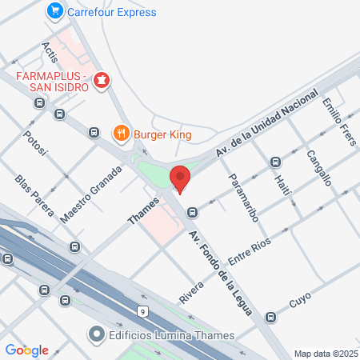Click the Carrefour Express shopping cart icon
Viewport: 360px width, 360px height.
(x=54, y=11)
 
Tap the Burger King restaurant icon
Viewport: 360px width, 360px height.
(x=121, y=134)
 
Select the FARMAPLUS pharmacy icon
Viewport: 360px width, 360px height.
(x=102, y=80)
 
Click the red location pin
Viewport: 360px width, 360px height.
(x=181, y=178)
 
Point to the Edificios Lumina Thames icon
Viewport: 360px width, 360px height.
(x=97, y=334)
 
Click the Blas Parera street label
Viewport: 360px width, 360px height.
(x=34, y=194)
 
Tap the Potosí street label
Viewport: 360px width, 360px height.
(x=37, y=146)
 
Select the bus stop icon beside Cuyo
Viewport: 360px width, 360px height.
(x=271, y=317)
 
